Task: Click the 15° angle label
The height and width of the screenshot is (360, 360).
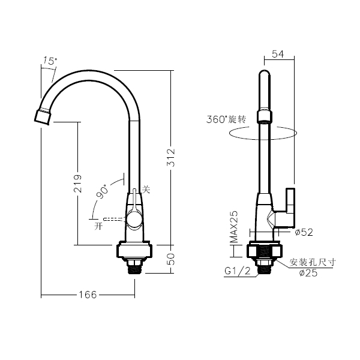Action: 50,61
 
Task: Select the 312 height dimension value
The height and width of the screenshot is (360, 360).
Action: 171,157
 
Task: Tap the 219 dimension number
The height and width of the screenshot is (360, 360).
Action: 77,184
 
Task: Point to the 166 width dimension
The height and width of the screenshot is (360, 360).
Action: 88,295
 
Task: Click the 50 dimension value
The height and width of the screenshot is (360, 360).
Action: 171,259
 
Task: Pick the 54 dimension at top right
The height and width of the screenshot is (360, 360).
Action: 278,54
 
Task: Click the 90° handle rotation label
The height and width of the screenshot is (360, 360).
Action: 102,191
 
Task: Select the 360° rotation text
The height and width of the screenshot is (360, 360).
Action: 226,119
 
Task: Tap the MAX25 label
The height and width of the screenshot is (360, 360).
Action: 234,227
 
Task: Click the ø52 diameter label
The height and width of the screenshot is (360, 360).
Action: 304,232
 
